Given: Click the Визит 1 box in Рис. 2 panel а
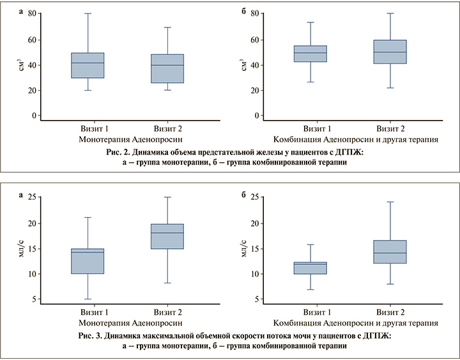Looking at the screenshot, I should pos(88,65).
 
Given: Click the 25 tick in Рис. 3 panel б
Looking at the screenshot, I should pos(254,198).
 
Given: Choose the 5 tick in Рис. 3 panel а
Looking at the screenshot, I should pos(34,299).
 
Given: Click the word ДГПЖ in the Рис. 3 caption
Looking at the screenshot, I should pos(376,335).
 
